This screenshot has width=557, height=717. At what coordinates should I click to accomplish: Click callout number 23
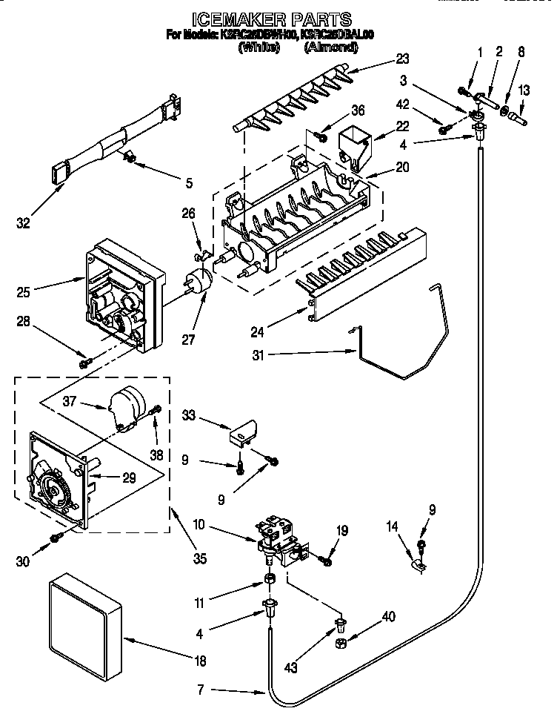[x=402, y=59]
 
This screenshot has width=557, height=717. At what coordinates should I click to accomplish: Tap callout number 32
[x=24, y=222]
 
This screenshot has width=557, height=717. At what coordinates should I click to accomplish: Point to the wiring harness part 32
[x=119, y=140]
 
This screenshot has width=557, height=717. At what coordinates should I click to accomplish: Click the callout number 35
[x=198, y=558]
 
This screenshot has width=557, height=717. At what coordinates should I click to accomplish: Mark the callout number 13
[x=524, y=90]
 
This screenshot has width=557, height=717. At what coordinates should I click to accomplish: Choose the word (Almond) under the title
[x=330, y=48]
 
